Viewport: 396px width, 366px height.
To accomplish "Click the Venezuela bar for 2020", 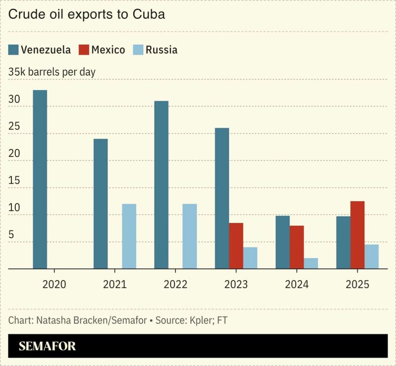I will click(40, 179).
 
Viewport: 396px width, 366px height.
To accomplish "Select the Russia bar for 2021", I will click(129, 236).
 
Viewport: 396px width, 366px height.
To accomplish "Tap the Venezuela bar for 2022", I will click(161, 185).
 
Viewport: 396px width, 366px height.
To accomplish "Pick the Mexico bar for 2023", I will click(236, 246).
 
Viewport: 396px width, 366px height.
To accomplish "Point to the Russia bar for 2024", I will click(311, 263).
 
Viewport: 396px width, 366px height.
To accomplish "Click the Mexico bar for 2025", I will click(357, 235).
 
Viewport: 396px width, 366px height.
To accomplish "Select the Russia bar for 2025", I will click(372, 257).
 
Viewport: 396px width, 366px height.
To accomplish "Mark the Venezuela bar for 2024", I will click(283, 242).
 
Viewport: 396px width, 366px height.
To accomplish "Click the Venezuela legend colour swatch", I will click(13, 50).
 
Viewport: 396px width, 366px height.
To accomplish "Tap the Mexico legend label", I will click(108, 50).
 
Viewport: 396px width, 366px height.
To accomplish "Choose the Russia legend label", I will click(161, 50).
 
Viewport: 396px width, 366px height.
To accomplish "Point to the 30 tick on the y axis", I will click(14, 100).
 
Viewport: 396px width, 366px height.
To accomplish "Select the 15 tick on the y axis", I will click(14, 181).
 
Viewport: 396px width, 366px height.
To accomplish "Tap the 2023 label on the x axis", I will click(236, 285).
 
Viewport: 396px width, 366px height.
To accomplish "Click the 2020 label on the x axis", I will click(54, 285).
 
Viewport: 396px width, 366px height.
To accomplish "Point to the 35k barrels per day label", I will click(52, 72).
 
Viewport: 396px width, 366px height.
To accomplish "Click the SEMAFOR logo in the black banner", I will click(47, 346).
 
